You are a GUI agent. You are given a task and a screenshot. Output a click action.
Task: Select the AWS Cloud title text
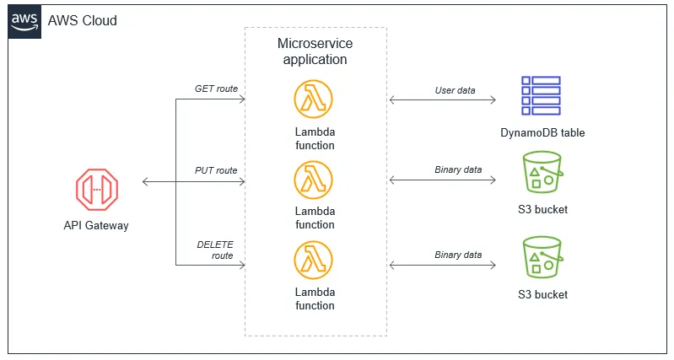[x=83, y=20]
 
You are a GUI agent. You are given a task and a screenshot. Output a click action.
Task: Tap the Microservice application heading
[x=315, y=51]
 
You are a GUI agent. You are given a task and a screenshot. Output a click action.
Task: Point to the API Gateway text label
[x=96, y=225]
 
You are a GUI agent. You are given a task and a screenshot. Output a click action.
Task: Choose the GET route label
[x=216, y=89]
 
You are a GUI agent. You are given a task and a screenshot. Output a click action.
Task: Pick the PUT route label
[x=216, y=170]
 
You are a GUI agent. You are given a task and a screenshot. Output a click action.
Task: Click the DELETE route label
[x=215, y=250]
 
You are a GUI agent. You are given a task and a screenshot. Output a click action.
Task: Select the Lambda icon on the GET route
[x=315, y=99]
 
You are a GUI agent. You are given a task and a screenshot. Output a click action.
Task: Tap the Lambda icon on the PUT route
[x=315, y=180]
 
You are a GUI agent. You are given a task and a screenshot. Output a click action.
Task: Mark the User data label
[x=456, y=89]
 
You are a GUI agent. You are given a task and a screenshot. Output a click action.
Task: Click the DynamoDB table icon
[x=541, y=95]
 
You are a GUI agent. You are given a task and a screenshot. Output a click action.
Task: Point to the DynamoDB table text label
[x=542, y=132]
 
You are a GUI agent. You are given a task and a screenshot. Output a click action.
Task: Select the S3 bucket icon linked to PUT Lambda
[x=542, y=174]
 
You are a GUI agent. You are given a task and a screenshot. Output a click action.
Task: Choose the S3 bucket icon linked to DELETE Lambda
[x=542, y=258]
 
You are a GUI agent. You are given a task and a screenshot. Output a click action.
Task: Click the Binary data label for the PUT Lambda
[x=458, y=170]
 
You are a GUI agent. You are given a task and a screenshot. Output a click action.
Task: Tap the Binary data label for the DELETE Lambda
[x=458, y=255]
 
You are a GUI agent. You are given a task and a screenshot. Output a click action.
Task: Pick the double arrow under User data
[x=443, y=100]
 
